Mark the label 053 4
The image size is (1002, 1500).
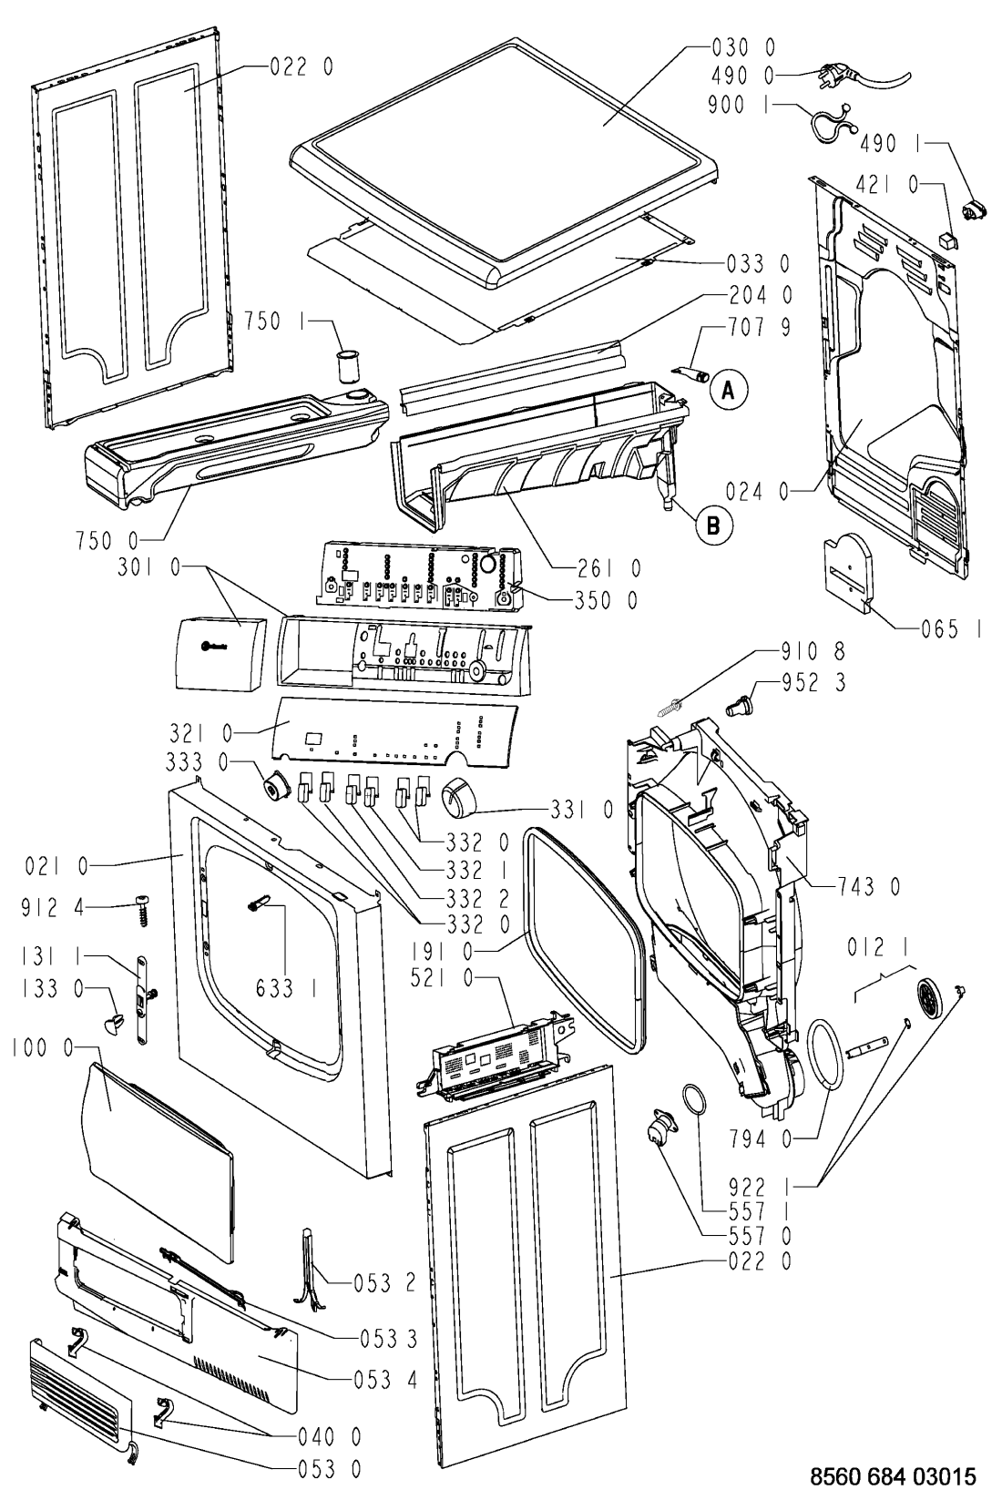click(385, 1380)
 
